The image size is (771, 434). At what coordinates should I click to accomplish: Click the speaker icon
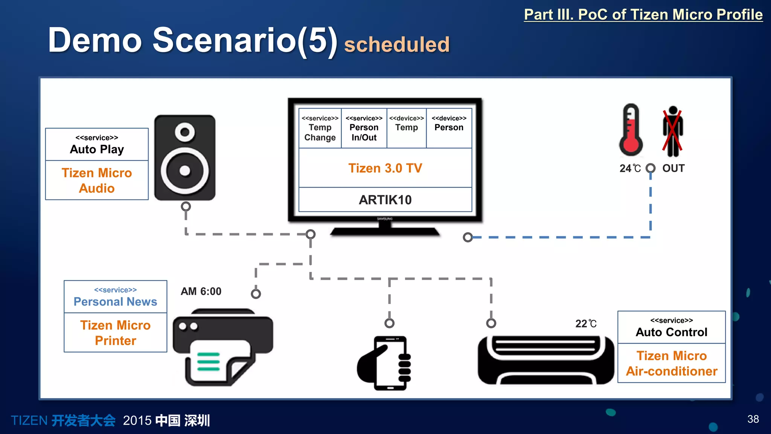185,157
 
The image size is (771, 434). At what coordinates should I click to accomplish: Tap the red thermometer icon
631,130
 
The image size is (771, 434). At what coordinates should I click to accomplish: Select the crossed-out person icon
673,131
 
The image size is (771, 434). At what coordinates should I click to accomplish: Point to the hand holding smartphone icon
385,363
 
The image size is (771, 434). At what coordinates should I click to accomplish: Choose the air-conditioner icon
545,360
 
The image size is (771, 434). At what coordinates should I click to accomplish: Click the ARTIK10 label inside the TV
385,200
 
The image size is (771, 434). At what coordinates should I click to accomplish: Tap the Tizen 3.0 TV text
385,168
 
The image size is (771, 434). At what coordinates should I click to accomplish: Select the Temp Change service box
320,128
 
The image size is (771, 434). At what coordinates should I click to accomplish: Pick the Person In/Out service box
364,128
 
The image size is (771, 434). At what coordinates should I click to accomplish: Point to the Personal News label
115,301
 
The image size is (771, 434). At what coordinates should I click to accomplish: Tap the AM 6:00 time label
201,291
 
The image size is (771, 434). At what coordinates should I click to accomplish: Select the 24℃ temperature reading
630,168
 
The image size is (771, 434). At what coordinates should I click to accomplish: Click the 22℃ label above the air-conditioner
586,324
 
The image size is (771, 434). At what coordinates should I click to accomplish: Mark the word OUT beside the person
673,168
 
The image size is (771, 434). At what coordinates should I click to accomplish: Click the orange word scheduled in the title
397,44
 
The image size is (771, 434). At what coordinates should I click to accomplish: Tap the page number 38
753,419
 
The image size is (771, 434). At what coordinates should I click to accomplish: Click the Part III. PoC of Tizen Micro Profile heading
643,15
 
